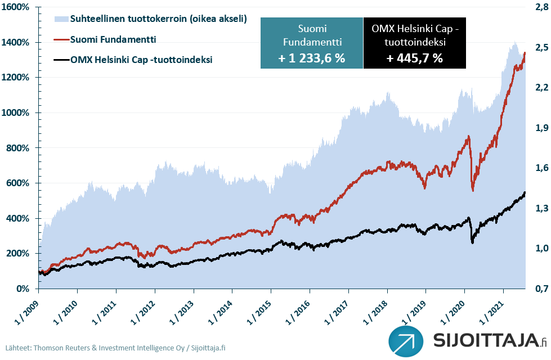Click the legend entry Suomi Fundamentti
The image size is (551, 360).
pos(113,39)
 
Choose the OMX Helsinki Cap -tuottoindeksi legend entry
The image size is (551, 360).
pos(141,58)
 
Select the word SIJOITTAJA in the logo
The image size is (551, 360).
pos(484,341)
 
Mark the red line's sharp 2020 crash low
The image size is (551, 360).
pos(473,190)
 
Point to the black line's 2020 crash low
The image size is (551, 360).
pos(472,242)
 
